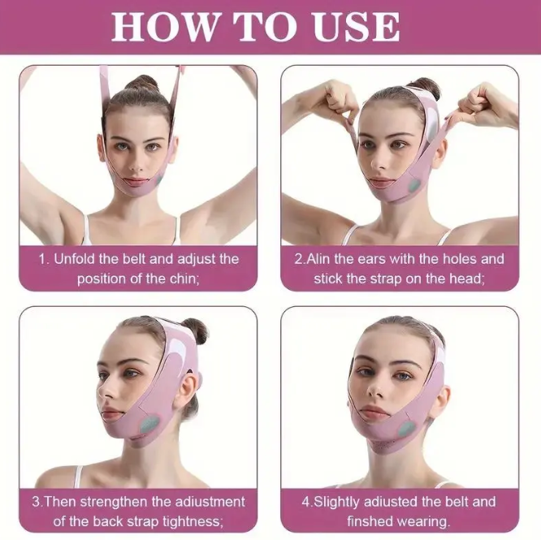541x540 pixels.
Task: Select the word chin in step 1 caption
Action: click(x=180, y=279)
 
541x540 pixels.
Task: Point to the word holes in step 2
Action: click(x=445, y=259)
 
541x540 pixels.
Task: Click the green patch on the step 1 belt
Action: click(x=160, y=178)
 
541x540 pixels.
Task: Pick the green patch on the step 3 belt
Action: click(x=147, y=422)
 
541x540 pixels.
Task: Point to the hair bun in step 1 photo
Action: click(x=143, y=82)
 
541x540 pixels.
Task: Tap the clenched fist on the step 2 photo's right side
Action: click(x=478, y=102)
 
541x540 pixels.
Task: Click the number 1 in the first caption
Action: click(x=43, y=259)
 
